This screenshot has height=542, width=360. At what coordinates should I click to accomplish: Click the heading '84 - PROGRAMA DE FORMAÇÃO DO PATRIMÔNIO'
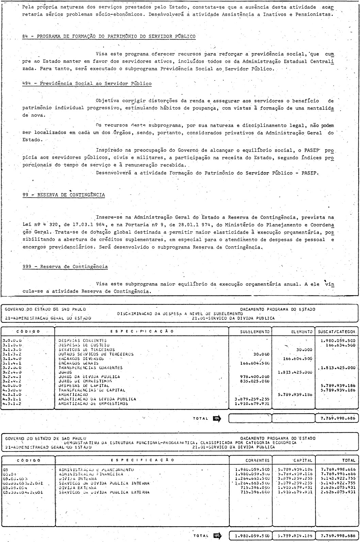pyautogui.click(x=109, y=36)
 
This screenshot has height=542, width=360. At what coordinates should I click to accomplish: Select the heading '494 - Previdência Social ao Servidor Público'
pyautogui.click(x=87, y=83)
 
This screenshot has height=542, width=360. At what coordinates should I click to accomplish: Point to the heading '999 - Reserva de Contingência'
pyautogui.click(x=65, y=267)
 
